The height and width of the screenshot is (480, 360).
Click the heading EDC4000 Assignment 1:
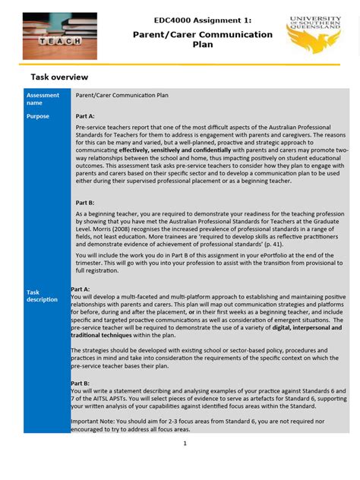coord(202,21)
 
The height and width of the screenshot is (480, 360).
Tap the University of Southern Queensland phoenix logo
coord(313,35)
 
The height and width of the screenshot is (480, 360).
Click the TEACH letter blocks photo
coord(59,36)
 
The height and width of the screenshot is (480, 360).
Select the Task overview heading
coord(59,77)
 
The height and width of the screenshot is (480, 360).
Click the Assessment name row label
coord(43,99)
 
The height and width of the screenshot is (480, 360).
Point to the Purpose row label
coord(38,116)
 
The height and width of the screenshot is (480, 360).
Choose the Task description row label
coord(43,295)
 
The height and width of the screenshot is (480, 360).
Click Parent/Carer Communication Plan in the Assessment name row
coord(122,95)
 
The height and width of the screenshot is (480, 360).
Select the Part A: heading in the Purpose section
coord(85,116)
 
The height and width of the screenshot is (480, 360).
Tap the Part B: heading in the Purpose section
coord(85,203)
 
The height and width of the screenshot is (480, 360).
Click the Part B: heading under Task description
coord(81,384)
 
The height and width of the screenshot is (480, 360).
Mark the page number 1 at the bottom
coord(185,444)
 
